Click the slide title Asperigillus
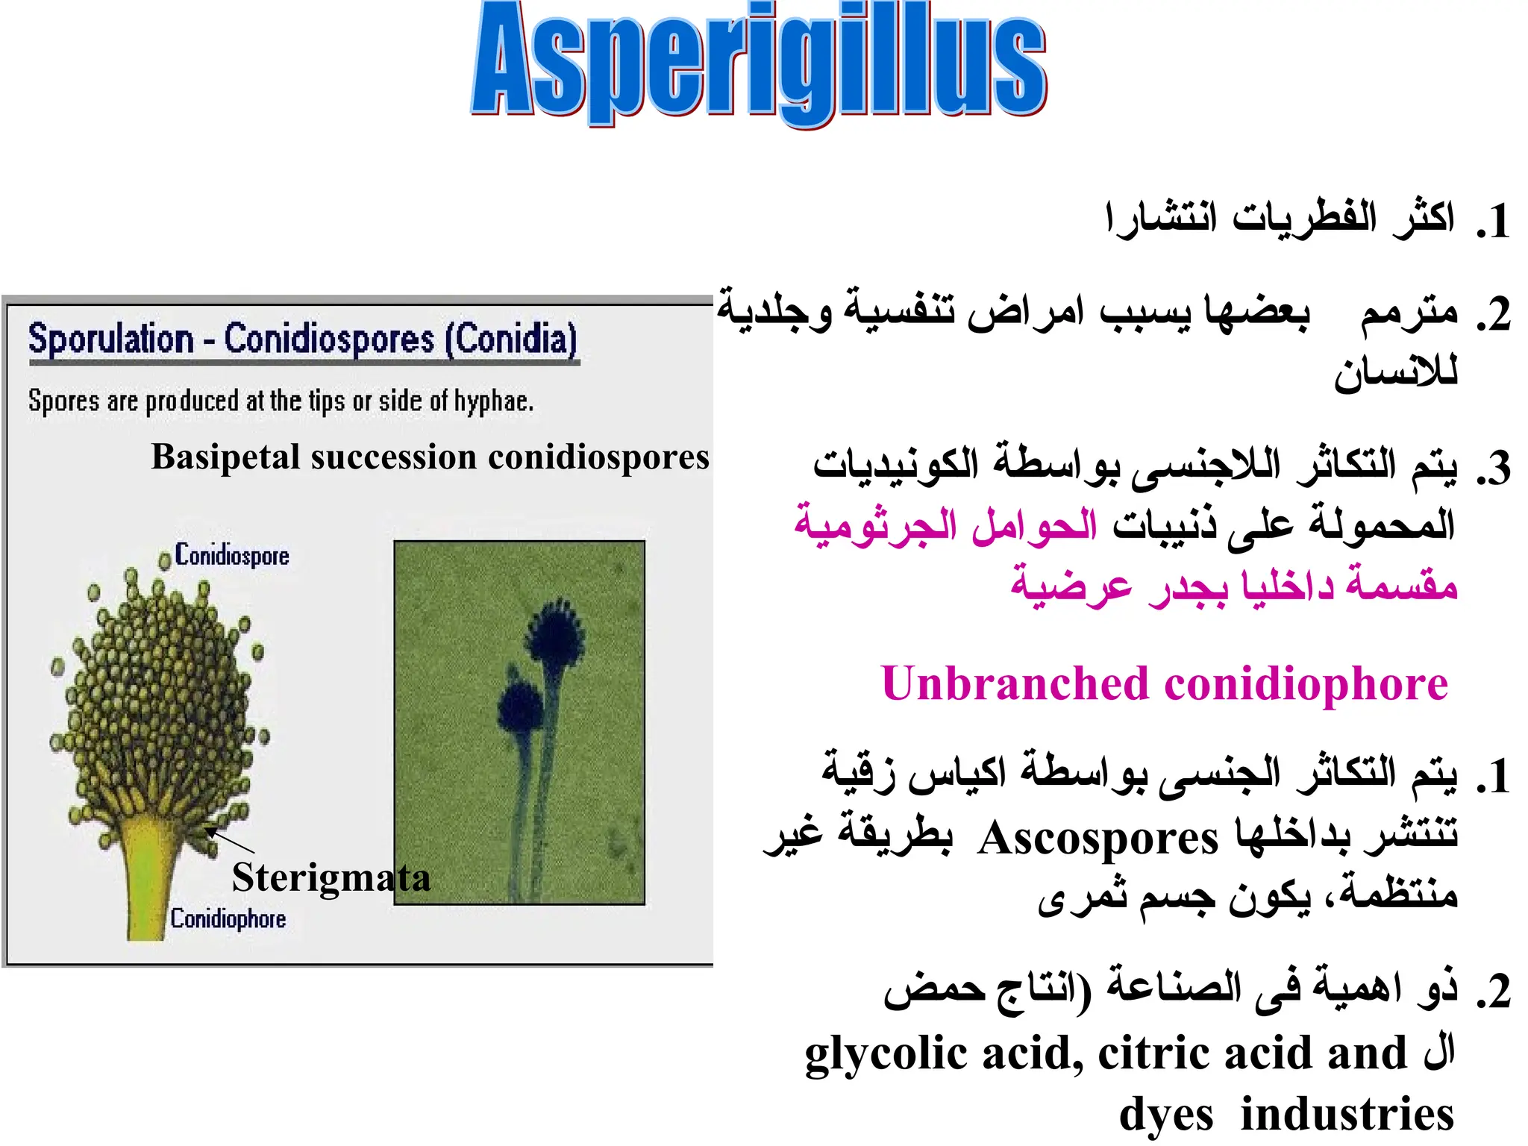click(x=759, y=63)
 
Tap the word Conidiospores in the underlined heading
click(x=329, y=339)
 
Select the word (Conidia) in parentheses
click(x=511, y=339)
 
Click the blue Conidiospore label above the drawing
click(x=232, y=555)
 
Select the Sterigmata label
click(x=331, y=877)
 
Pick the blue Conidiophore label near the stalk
click(x=228, y=918)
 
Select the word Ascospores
click(x=1098, y=838)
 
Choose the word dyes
click(x=1165, y=1115)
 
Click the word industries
click(x=1347, y=1115)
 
